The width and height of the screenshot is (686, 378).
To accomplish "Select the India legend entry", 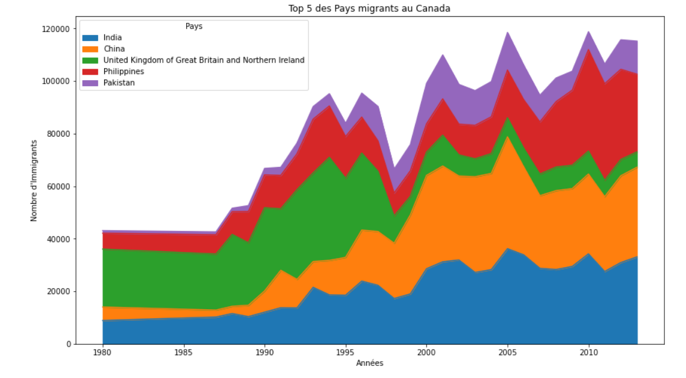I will (113, 38).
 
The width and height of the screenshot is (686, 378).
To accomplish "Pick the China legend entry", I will (114, 49).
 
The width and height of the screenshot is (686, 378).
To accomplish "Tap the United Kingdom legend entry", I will (204, 60).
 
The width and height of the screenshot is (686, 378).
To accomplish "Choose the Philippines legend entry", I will (124, 72).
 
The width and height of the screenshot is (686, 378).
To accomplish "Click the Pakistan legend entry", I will (119, 83).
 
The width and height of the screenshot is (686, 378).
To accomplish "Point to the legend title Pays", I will (194, 27).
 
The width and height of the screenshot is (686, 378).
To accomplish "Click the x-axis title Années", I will (369, 363).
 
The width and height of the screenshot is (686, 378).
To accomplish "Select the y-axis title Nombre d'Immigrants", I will (34, 180).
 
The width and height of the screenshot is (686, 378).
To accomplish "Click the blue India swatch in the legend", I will (91, 38).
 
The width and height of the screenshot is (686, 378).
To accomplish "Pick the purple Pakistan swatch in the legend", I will (91, 83).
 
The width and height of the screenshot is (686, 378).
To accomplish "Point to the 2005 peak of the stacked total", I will (508, 32).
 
